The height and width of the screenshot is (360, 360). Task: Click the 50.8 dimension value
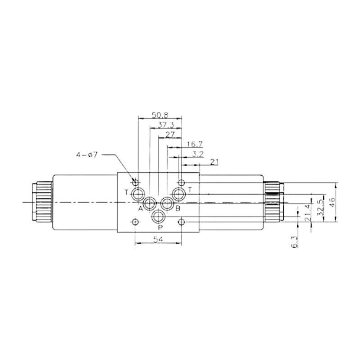pyautogui.click(x=160, y=115)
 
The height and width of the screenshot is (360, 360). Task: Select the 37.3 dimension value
pyautogui.click(x=166, y=125)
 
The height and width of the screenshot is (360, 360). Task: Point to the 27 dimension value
pyautogui.click(x=170, y=135)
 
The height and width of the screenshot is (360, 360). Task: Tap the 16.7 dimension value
pyautogui.click(x=195, y=144)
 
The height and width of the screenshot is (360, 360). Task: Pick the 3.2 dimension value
pyautogui.click(x=198, y=154)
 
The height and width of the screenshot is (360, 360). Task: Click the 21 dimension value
pyautogui.click(x=214, y=162)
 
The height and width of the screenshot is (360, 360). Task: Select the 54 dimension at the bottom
pyautogui.click(x=158, y=239)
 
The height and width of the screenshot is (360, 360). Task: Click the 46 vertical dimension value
pyautogui.click(x=332, y=202)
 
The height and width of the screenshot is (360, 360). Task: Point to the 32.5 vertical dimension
pyautogui.click(x=320, y=207)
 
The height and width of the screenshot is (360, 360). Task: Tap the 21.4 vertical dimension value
pyautogui.click(x=308, y=213)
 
